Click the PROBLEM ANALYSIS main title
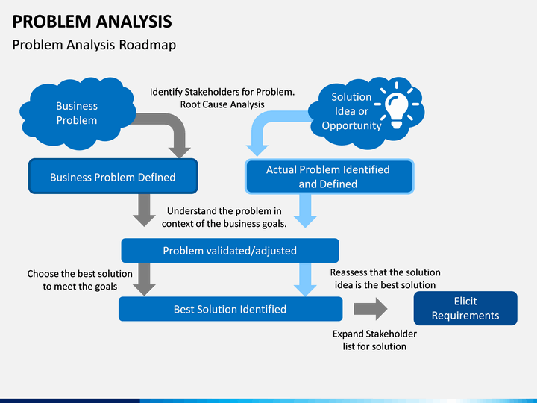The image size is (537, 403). pyautogui.click(x=92, y=22)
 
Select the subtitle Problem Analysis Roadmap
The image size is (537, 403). pyautogui.click(x=94, y=45)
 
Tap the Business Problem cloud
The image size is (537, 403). pyautogui.click(x=78, y=113)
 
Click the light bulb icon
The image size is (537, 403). pyautogui.click(x=397, y=105)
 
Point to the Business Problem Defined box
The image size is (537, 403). pyautogui.click(x=113, y=176)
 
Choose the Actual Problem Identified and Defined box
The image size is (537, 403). pyautogui.click(x=329, y=176)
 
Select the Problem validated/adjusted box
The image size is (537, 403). pyautogui.click(x=230, y=251)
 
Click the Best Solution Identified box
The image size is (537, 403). pyautogui.click(x=230, y=309)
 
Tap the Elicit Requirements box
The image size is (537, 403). pyautogui.click(x=465, y=308)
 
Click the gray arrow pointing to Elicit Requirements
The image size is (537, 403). pyautogui.click(x=370, y=309)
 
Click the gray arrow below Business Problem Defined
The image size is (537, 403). pyautogui.click(x=144, y=210)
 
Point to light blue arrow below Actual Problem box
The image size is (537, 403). pyautogui.click(x=305, y=210)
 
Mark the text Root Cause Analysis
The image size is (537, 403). pyautogui.click(x=222, y=104)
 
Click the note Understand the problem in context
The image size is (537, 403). pyautogui.click(x=224, y=217)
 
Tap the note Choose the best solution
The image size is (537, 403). pyautogui.click(x=80, y=280)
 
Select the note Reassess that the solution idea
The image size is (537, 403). pyautogui.click(x=386, y=278)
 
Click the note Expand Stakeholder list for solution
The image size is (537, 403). pyautogui.click(x=374, y=340)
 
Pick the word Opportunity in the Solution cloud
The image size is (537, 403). pyautogui.click(x=351, y=126)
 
